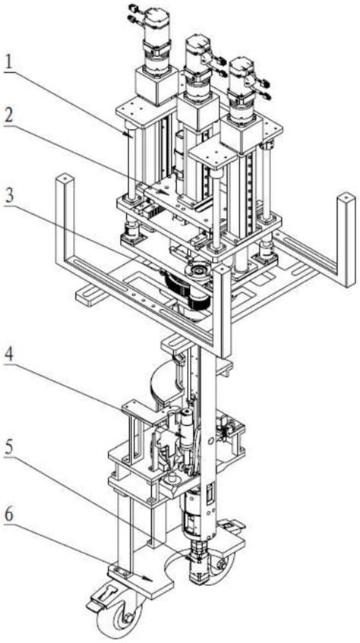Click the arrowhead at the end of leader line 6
149,579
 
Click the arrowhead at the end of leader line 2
164,192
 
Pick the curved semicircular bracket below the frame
166,381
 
